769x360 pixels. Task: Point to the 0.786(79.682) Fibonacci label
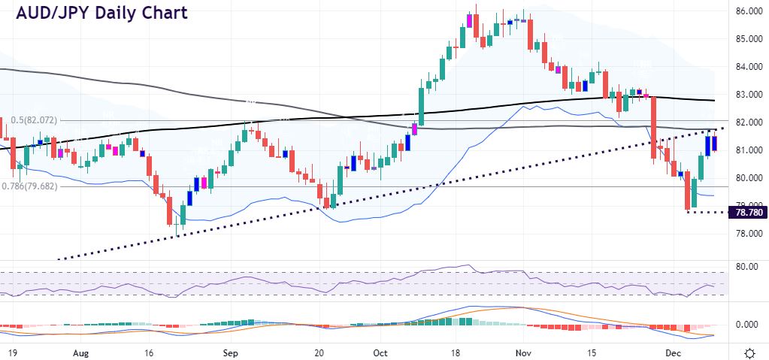(34, 186)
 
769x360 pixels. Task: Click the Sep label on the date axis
(231, 352)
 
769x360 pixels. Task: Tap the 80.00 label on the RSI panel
(746, 267)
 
